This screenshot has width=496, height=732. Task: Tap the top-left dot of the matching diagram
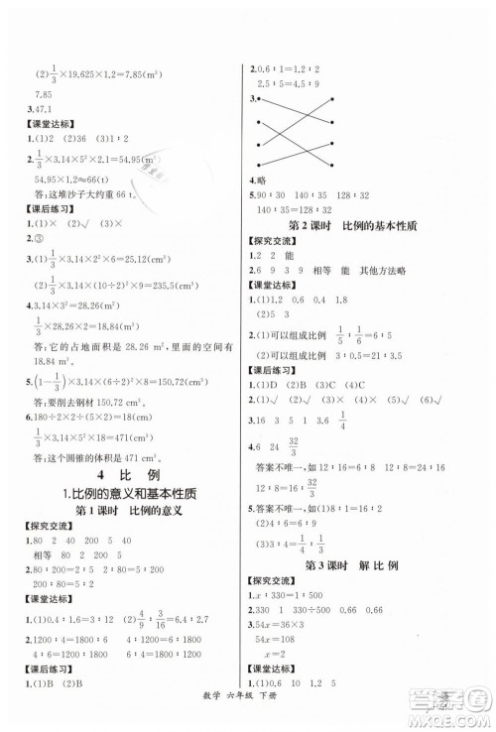point(258,100)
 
